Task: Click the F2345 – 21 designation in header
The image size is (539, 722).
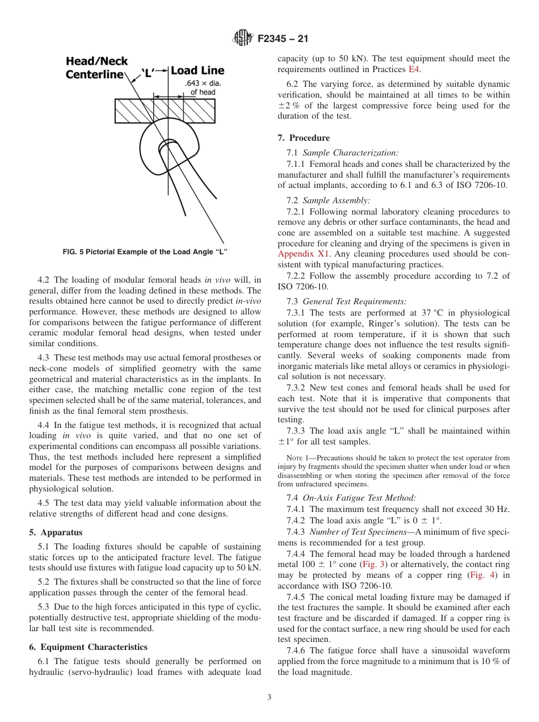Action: coord(283,40)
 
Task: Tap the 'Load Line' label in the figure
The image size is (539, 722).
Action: coord(197,70)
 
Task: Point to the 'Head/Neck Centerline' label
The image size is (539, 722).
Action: coord(96,68)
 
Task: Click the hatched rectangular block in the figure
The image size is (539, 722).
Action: coord(165,111)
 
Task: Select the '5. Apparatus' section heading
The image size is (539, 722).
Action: coord(56,532)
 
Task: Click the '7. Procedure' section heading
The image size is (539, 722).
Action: coord(304,138)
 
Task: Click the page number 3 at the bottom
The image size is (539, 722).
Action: coord(269,698)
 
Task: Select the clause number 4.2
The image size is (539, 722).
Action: coord(44,279)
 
